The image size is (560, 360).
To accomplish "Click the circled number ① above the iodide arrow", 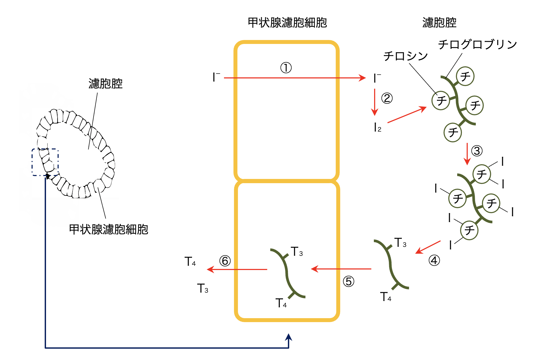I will (x=286, y=68).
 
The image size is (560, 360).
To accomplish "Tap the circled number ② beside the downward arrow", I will (x=387, y=98).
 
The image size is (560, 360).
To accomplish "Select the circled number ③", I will (x=477, y=151).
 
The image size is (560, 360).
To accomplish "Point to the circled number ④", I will (x=434, y=261).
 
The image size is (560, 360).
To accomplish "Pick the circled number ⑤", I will (x=348, y=281).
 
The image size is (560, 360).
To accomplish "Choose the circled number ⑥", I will (x=225, y=261).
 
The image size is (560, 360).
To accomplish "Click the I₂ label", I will (x=377, y=128).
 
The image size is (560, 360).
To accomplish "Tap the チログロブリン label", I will (x=477, y=44).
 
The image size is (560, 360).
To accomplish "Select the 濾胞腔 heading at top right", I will (x=439, y=23).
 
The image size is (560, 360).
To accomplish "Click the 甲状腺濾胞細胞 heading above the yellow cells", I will (x=287, y=23).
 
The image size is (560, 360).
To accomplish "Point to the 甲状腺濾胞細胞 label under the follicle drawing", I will (x=108, y=229).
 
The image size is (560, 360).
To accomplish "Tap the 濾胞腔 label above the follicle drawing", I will (x=105, y=84).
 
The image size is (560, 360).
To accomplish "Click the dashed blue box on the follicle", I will (x=45, y=162).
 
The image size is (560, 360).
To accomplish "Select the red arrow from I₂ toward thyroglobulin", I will (x=407, y=115).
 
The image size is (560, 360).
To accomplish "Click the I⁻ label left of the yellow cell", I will (x=216, y=77).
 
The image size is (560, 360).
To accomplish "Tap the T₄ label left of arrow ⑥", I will (x=190, y=262).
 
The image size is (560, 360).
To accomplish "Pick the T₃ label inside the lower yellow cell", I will (x=297, y=252).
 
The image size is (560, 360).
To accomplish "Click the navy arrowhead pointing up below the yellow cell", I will (x=289, y=338).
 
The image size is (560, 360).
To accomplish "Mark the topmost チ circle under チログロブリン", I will (x=465, y=76).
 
